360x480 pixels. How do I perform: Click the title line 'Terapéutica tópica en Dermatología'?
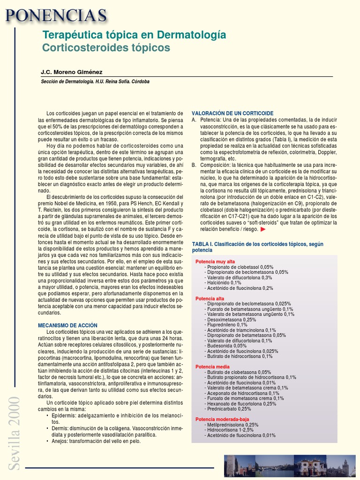tap(134, 35)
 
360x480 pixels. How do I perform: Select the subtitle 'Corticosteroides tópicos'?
tap(106, 48)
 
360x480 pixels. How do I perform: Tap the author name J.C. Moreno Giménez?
tap(71, 72)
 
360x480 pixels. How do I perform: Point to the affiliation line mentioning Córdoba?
tap(96, 81)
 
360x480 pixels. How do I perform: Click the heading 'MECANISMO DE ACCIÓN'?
tap(67, 325)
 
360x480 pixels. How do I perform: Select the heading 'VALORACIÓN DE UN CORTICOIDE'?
tap(232, 113)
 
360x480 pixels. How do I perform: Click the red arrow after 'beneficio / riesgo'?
tap(263, 230)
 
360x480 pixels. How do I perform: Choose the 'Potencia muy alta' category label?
tap(215, 261)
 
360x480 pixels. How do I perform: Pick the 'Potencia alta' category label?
tap(210, 298)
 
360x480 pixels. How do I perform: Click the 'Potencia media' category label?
tap(212, 367)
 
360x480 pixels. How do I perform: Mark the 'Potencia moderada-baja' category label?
tap(222, 419)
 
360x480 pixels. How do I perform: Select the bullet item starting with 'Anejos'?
tap(96, 441)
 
